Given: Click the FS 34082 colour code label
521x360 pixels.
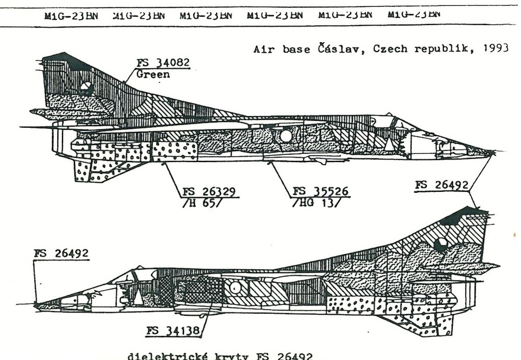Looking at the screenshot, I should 163,64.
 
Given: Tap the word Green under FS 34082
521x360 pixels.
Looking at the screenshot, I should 153,75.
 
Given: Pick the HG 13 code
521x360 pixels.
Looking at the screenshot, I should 315,203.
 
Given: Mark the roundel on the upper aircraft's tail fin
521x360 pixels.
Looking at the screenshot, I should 86,88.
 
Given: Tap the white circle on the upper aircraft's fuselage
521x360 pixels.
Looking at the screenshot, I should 286,136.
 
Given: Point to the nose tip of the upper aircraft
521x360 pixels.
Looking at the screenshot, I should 492,152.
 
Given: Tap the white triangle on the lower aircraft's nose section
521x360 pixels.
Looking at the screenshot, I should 138,297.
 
